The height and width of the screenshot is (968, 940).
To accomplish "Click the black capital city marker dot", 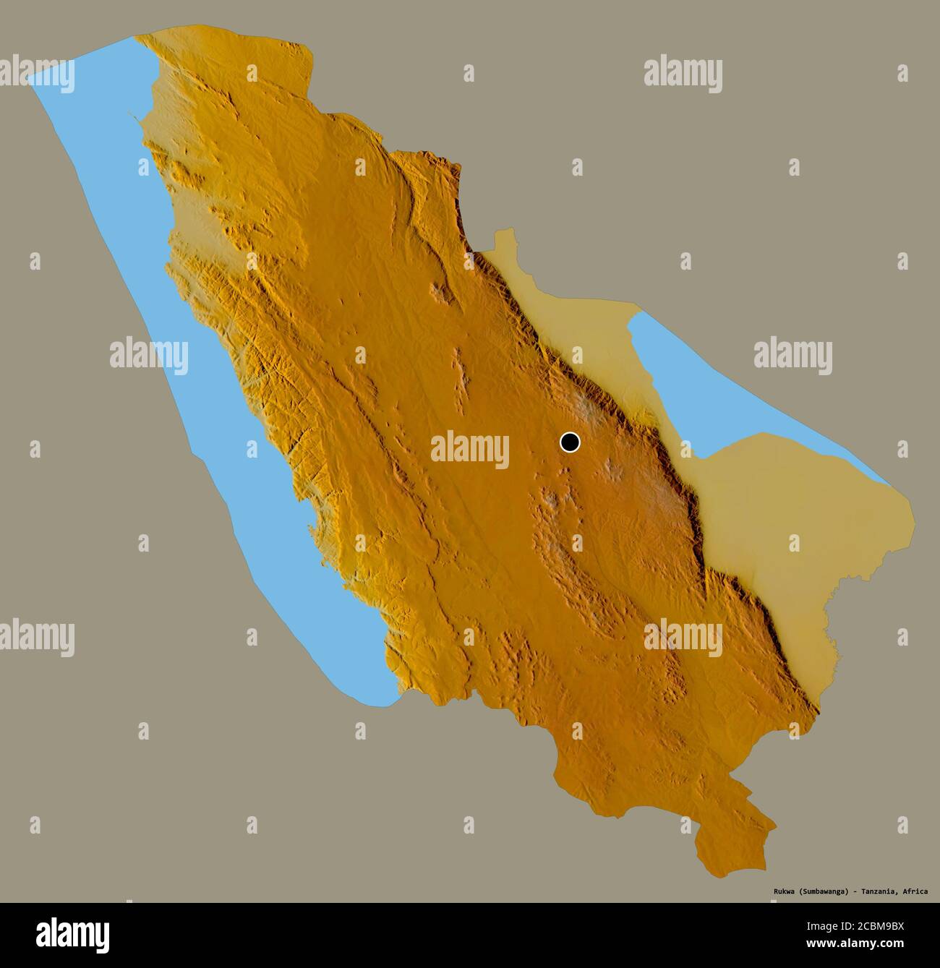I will click(x=571, y=442).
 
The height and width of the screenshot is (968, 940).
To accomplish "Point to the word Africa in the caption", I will click(x=916, y=891).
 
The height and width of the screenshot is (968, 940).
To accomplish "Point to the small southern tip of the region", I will click(x=730, y=849).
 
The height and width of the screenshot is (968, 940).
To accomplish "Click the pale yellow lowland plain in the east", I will click(x=781, y=521).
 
